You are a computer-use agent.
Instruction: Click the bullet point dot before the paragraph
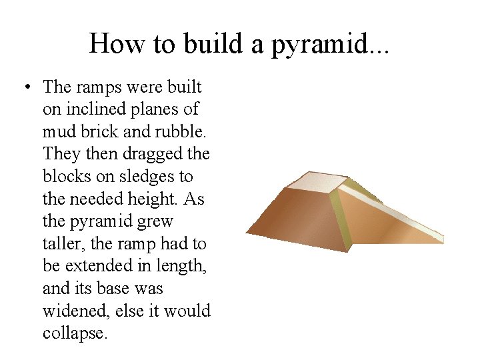click(25, 88)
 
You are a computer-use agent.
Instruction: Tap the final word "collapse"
click(74, 333)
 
